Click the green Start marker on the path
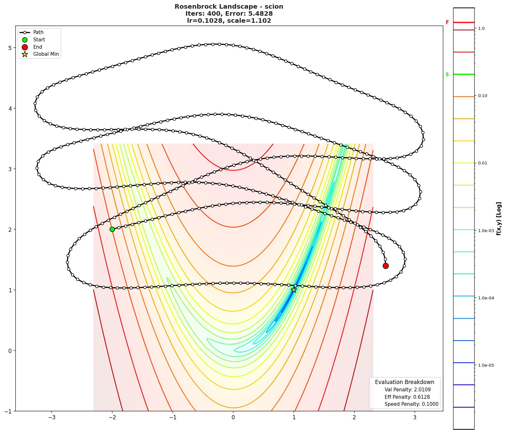112,229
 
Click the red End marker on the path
386,266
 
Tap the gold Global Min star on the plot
294,290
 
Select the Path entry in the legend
38,32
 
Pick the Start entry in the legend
39,40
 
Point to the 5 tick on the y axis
10,48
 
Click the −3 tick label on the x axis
52,417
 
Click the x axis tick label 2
354,417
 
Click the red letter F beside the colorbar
447,22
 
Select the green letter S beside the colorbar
447,75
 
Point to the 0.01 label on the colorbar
483,163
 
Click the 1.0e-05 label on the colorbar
486,365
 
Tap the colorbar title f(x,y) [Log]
499,219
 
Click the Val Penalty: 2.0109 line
407,390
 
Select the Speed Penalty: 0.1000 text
411,404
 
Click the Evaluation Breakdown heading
404,382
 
